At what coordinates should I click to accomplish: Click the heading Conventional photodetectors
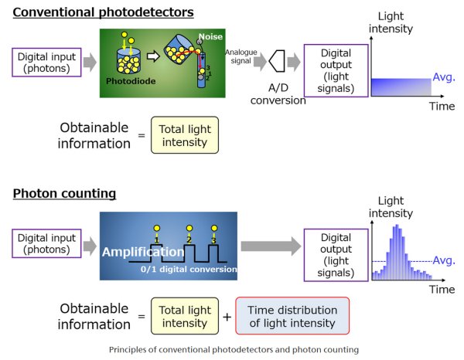tap(103, 12)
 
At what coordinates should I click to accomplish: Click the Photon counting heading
tap(64, 193)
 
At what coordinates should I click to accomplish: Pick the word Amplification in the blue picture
tap(142, 252)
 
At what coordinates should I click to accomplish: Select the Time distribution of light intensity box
tap(292, 317)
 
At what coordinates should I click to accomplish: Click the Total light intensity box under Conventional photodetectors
tap(185, 138)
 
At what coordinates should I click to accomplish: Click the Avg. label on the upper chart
tap(442, 78)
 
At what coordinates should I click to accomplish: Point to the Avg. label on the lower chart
tap(443, 260)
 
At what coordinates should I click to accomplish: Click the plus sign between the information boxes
tap(227, 317)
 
